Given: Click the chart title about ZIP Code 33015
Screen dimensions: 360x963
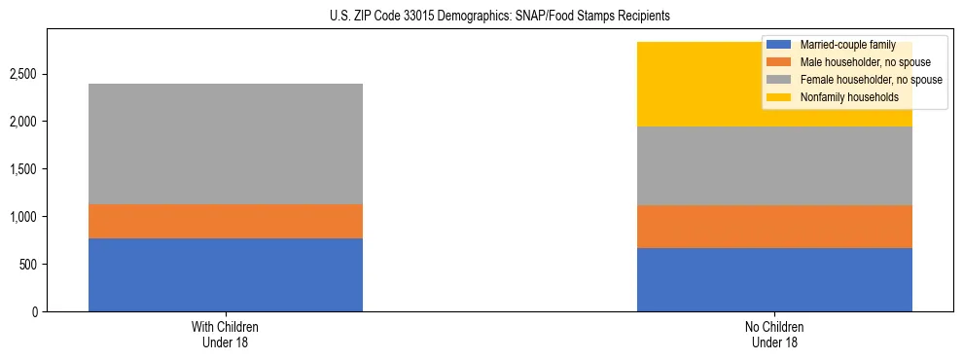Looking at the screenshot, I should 481,17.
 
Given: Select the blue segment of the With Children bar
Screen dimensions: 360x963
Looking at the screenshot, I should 225,274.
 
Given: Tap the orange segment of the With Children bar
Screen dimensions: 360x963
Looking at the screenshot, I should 225,221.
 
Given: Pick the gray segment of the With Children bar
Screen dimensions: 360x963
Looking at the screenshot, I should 225,144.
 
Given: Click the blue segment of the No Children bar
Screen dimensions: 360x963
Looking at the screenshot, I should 774,279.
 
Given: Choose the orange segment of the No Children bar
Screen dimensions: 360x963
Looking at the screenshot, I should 774,227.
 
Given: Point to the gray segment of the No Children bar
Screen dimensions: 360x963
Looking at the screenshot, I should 774,165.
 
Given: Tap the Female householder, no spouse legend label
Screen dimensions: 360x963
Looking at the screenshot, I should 870,80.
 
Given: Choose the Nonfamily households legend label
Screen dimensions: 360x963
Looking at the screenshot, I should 848,97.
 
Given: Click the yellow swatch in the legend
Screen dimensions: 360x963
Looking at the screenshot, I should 779,97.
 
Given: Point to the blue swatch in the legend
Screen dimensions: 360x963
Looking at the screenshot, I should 779,45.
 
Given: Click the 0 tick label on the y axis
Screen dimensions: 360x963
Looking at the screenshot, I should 35,311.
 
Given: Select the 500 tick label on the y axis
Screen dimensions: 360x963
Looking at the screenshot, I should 29,265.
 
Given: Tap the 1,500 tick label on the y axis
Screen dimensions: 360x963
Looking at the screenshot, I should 24,169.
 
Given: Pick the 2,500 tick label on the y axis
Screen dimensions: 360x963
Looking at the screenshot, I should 24,74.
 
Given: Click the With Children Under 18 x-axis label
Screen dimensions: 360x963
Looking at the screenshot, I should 225,335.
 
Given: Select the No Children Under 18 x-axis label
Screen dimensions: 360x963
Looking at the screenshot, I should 774,335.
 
